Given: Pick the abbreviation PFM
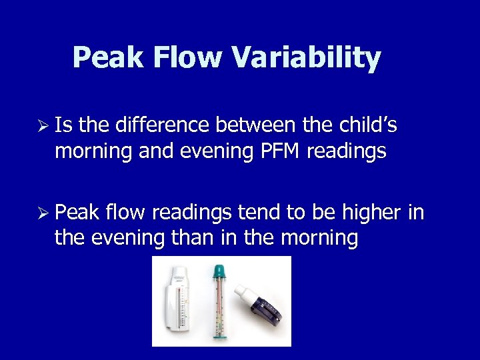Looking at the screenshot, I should click(278, 151).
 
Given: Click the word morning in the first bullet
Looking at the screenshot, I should click(94, 152).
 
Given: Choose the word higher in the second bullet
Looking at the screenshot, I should click(371, 213).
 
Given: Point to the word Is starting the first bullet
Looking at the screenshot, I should click(65, 125).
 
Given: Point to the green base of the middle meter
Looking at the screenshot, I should click(218, 335).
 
